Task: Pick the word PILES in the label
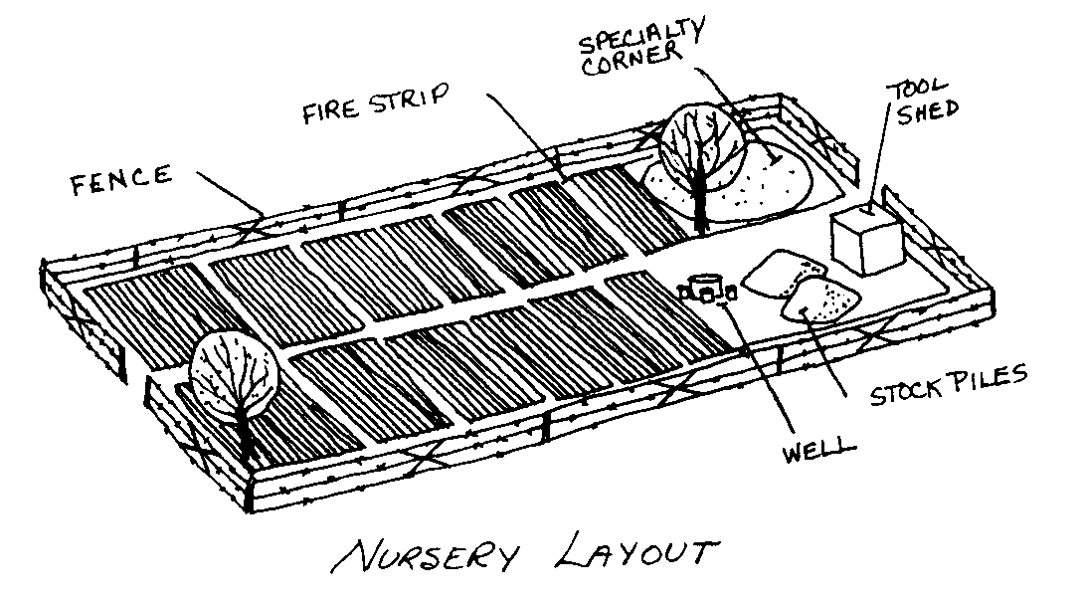pos(984,381)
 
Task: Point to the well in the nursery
pos(706,288)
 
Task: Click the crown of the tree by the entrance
pos(235,373)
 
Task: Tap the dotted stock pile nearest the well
pos(822,300)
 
